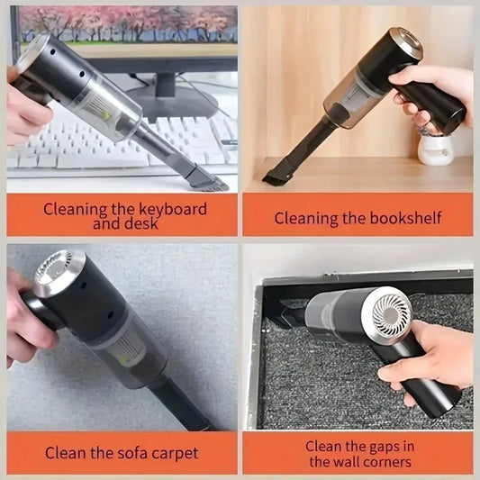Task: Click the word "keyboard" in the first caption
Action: pos(172,209)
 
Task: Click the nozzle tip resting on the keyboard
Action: pos(209,183)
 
